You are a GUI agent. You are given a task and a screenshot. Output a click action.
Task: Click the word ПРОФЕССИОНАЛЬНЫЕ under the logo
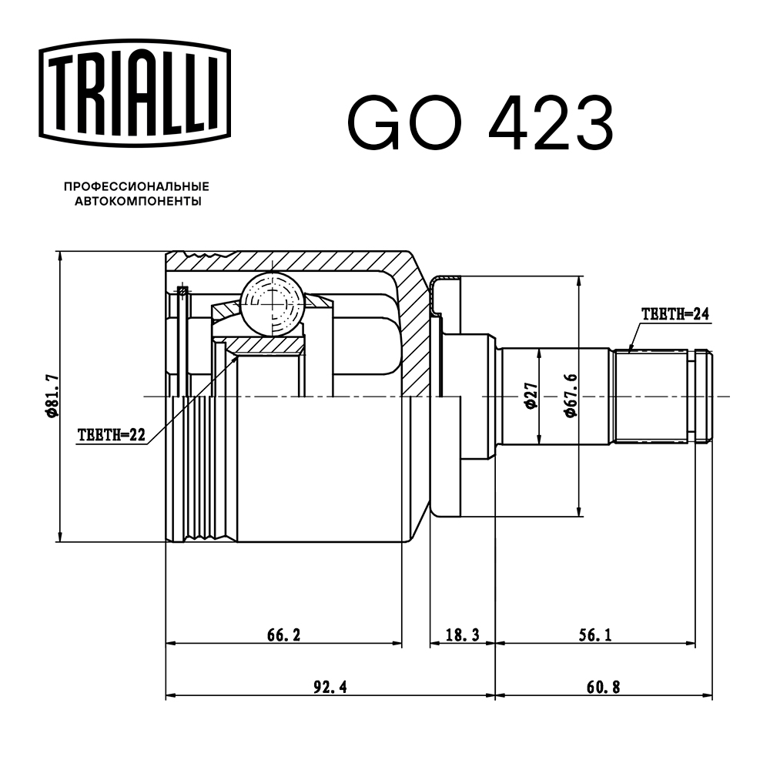click(137, 187)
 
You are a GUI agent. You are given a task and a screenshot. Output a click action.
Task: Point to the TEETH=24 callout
click(674, 313)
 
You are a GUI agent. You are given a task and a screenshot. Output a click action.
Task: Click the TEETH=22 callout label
click(112, 435)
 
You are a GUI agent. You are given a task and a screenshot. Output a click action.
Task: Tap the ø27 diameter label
click(530, 395)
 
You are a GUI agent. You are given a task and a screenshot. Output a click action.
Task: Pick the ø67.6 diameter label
click(570, 395)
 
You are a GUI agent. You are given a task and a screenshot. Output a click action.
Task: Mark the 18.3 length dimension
click(462, 635)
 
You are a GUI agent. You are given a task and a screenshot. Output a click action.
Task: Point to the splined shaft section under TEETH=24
click(651, 397)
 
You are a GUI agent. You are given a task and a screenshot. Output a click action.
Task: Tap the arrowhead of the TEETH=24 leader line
click(629, 350)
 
